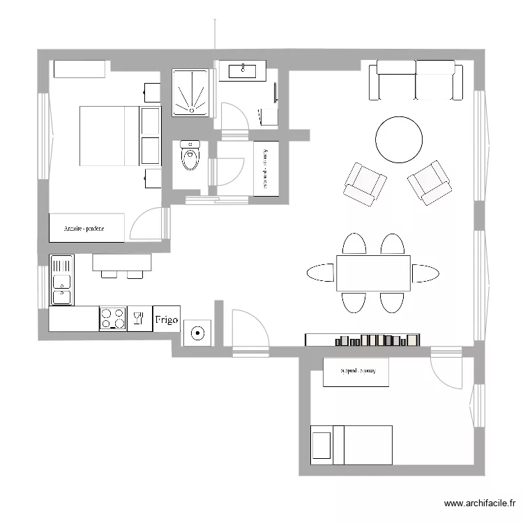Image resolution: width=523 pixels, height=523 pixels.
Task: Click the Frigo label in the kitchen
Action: click(x=166, y=319)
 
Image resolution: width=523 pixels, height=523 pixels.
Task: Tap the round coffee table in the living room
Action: click(x=399, y=139)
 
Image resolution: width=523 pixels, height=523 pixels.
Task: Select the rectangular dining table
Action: click(x=373, y=273)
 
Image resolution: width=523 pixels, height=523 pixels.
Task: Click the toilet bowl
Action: click(x=190, y=158)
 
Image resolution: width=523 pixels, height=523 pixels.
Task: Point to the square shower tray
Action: click(x=190, y=92)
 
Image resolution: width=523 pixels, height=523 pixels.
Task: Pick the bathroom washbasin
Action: click(x=243, y=70)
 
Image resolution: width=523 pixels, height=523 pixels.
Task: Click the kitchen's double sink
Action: click(x=61, y=280)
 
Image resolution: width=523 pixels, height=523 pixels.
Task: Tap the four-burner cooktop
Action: click(x=113, y=319)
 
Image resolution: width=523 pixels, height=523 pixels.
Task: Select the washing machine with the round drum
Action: click(x=198, y=333)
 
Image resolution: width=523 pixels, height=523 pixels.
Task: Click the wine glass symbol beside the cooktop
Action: click(x=138, y=319)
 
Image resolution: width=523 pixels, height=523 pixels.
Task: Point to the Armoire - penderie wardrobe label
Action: click(x=86, y=228)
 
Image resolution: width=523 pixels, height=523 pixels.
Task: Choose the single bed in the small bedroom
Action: click(x=351, y=444)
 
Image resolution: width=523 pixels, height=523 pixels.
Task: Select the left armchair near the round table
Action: click(x=365, y=183)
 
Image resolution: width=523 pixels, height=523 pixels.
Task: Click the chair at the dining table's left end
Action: click(x=320, y=273)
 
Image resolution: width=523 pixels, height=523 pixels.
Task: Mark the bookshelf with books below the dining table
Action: click(x=363, y=340)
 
